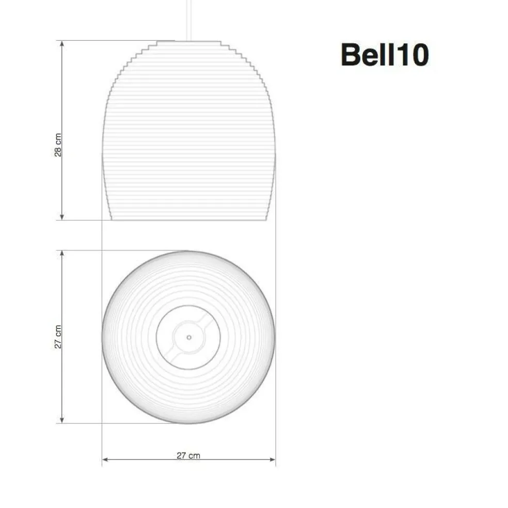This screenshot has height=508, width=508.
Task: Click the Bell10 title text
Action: (385, 55)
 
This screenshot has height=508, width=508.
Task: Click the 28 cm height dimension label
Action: (58, 145)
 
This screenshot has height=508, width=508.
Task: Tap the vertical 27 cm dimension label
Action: (58, 337)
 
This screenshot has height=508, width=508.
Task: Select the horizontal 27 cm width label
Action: (188, 455)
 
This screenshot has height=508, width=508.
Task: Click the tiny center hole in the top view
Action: (189, 337)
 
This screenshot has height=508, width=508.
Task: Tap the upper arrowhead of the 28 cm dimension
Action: (62, 43)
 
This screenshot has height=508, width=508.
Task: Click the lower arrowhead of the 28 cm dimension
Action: (62, 217)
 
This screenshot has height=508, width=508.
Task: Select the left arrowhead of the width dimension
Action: (105, 459)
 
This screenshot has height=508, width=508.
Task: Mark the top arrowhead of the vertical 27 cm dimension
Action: (62, 253)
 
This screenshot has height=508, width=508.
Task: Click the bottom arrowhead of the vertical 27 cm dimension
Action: (62, 420)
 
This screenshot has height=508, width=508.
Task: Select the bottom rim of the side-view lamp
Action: (189, 219)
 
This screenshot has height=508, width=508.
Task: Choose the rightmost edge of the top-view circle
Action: (275, 337)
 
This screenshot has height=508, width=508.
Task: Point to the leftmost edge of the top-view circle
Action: (103, 337)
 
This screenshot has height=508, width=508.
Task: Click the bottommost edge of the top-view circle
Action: (189, 423)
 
